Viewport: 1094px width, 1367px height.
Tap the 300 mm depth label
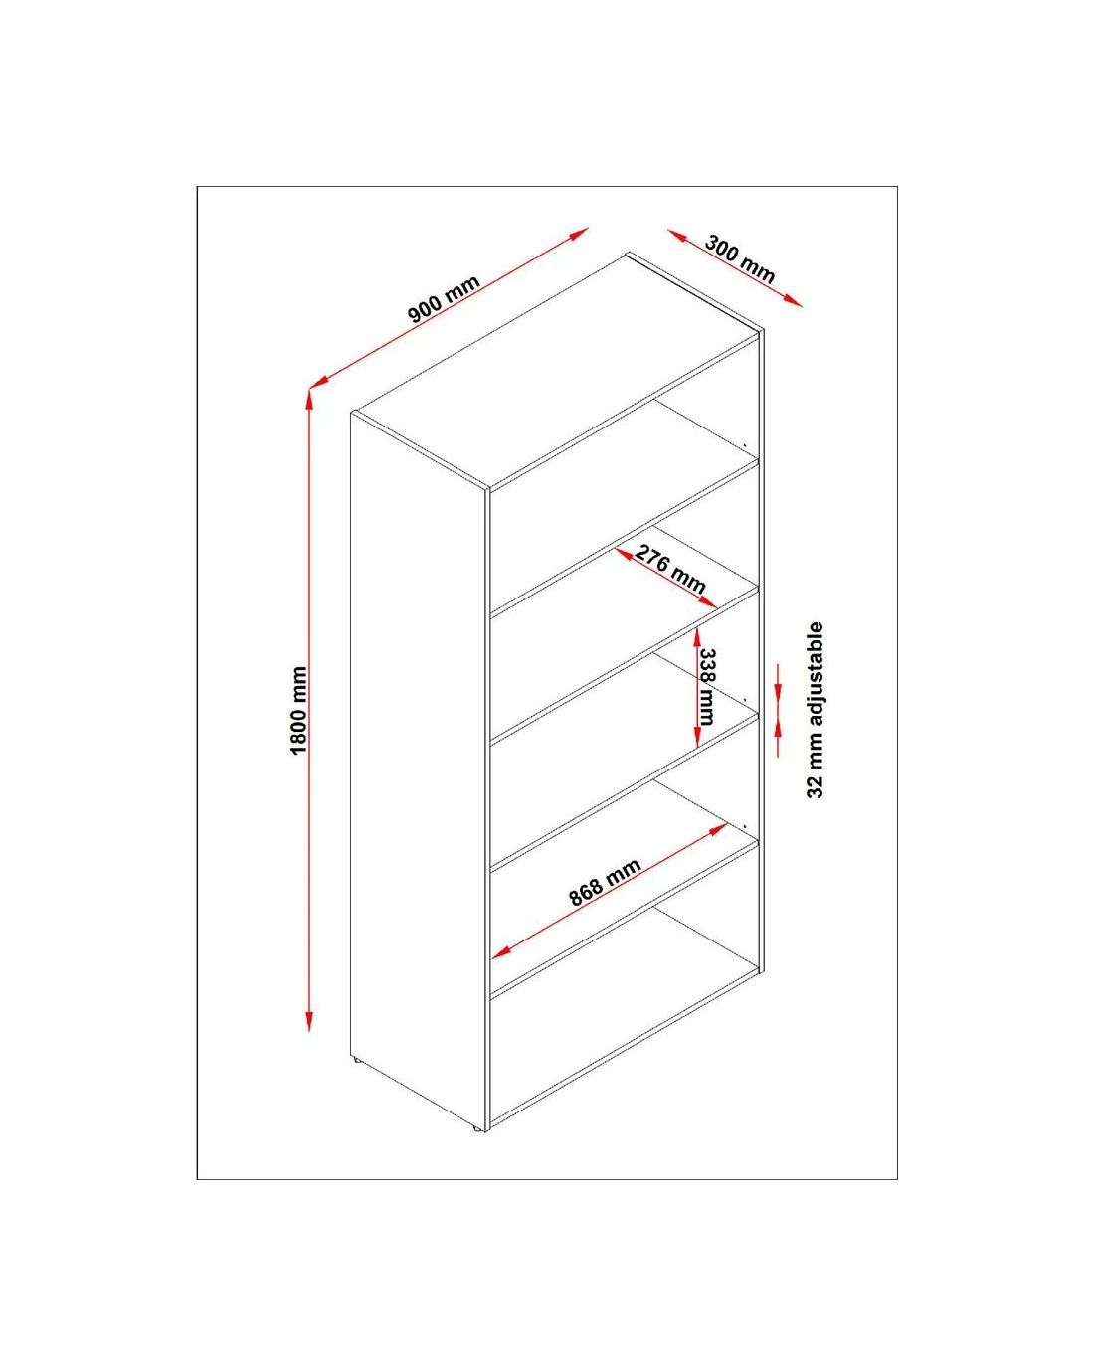(740, 259)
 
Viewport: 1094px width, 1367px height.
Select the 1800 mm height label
(298, 710)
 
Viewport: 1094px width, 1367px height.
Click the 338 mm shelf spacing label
(707, 687)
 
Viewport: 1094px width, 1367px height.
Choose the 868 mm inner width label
(605, 883)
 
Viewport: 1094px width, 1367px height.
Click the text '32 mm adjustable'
(815, 710)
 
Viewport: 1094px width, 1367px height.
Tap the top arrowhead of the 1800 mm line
(309, 398)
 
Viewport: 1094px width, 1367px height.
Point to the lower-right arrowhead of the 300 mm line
(794, 301)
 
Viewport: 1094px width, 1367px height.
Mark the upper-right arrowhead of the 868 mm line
(718, 829)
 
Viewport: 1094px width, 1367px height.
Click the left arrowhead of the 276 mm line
(624, 555)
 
